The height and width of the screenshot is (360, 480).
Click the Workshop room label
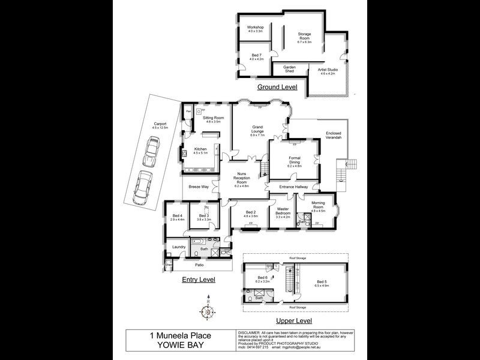(x=256, y=29)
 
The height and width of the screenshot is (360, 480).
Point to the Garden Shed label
(x=290, y=69)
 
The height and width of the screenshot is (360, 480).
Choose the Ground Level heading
(x=277, y=87)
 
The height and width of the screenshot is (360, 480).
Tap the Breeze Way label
(x=199, y=187)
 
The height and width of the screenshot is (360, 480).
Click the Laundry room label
(x=178, y=247)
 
